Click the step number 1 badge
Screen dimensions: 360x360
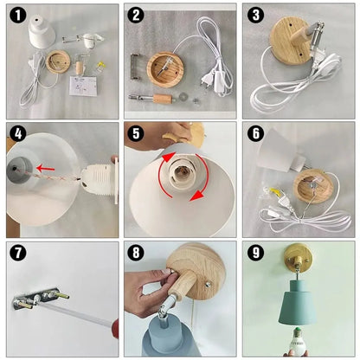tap(18, 16)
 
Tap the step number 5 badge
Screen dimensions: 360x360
tap(136, 133)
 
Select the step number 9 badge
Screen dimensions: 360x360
tap(255, 253)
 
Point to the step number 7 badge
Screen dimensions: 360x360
tap(18, 253)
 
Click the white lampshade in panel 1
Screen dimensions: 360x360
tap(42, 31)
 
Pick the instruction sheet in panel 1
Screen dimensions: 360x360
tap(83, 87)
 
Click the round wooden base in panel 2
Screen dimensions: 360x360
tap(165, 69)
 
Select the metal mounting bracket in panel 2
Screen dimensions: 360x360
tap(136, 67)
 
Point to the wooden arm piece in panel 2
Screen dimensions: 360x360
tap(164, 99)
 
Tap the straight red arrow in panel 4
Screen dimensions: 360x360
tap(47, 168)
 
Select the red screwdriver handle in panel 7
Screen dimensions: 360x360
tap(115, 329)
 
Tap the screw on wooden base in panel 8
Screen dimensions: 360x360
tap(208, 285)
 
